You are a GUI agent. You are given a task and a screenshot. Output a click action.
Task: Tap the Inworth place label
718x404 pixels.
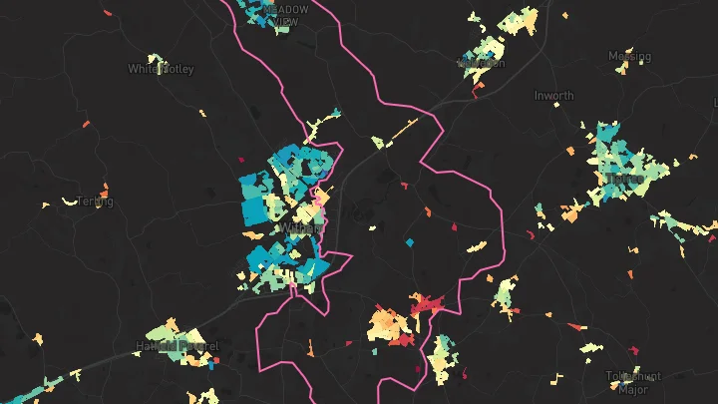click(553, 96)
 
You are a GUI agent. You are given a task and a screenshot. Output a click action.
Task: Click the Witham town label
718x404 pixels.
click(300, 227)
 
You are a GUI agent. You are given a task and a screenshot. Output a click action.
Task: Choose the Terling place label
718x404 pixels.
click(96, 202)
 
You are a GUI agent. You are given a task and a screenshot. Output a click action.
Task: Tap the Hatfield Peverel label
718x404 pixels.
click(177, 347)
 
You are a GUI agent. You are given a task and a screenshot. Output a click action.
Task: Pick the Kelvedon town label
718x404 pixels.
click(481, 62)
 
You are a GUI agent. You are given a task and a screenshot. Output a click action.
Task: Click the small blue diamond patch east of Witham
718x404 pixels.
click(409, 242)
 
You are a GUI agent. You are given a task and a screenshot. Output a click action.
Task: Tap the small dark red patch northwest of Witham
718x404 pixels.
click(240, 158)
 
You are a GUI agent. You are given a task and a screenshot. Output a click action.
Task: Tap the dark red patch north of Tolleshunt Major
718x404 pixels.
click(634, 348)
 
